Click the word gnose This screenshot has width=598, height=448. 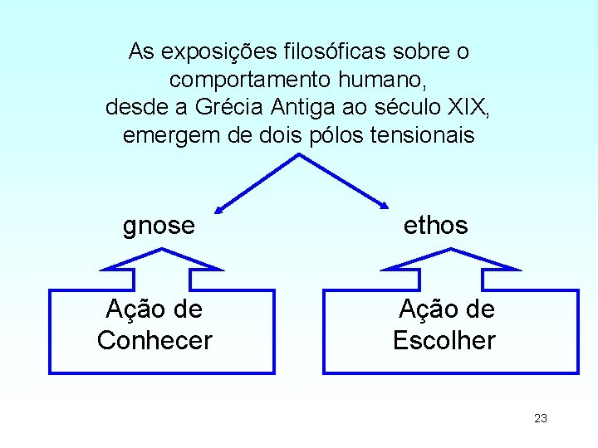click(x=159, y=226)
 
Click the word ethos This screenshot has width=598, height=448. click(x=435, y=226)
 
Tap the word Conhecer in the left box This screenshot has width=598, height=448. click(x=154, y=340)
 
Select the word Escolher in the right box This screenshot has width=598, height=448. click(x=444, y=340)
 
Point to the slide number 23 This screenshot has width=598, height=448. click(x=541, y=418)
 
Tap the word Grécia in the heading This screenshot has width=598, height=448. click(x=228, y=107)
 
